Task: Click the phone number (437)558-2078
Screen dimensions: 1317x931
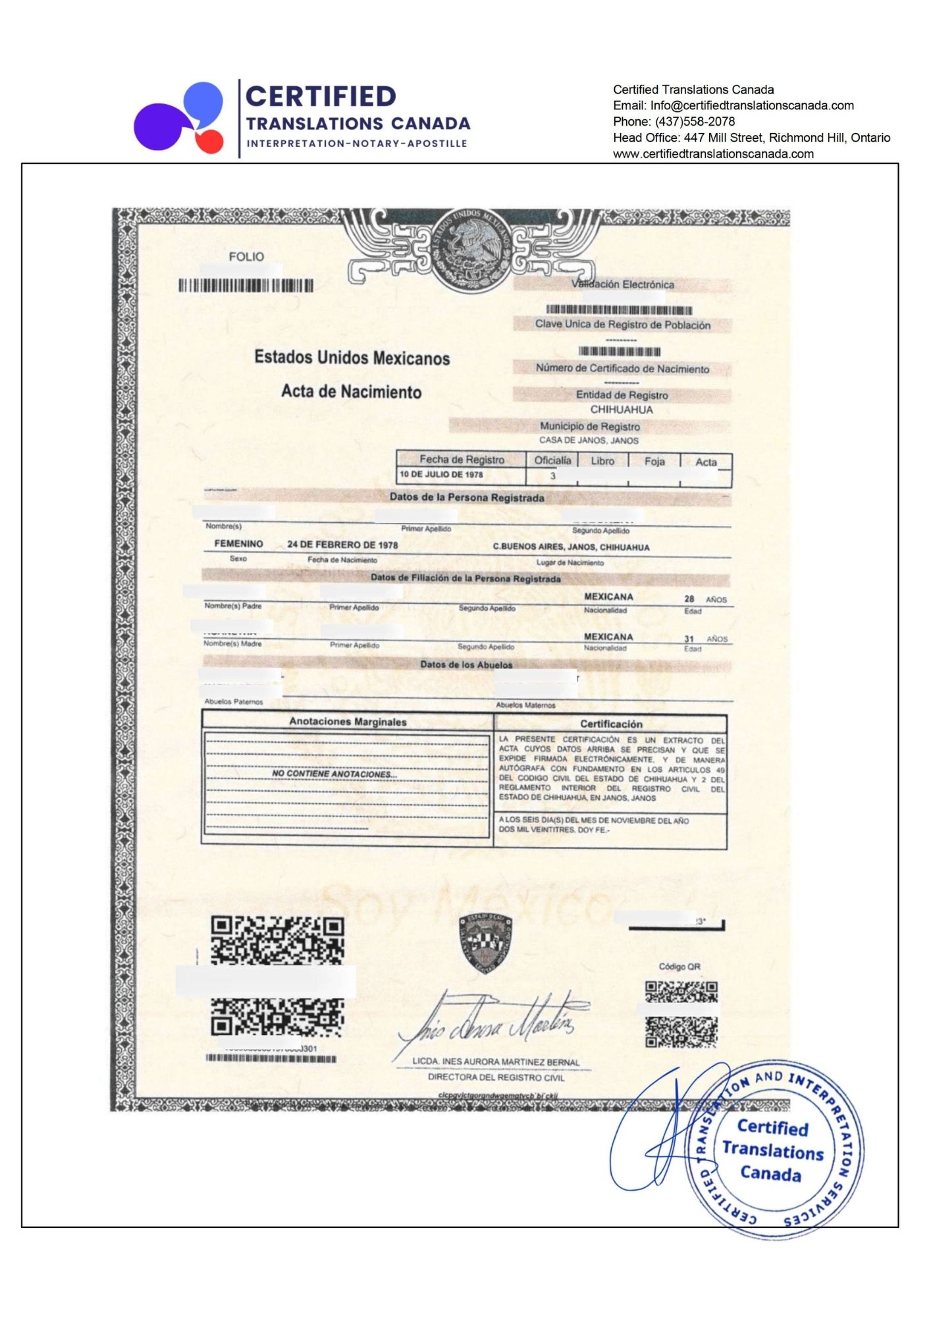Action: [694, 121]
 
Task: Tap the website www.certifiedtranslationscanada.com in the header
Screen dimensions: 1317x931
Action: [713, 153]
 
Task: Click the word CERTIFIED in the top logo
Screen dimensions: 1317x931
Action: [321, 96]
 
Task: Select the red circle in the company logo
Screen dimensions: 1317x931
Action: [209, 141]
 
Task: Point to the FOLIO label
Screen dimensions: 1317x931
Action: [246, 257]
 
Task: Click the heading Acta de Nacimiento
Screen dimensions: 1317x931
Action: [351, 392]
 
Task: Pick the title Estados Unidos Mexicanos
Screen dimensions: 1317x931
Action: [352, 358]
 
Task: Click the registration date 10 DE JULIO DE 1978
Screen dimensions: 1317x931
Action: [441, 474]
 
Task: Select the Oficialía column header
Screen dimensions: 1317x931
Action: [552, 460]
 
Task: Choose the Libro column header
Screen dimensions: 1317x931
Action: [602, 461]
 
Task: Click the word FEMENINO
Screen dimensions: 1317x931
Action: [238, 544]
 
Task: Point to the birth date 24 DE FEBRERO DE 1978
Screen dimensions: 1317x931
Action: [342, 545]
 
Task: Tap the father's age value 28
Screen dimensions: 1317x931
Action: [689, 599]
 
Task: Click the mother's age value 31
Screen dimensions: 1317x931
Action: [689, 638]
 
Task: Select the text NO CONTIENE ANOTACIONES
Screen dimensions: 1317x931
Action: [334, 774]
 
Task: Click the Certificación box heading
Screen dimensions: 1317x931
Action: [611, 724]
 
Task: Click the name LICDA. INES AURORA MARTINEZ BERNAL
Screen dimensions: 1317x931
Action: [496, 1062]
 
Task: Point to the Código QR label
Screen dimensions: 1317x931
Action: [679, 967]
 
